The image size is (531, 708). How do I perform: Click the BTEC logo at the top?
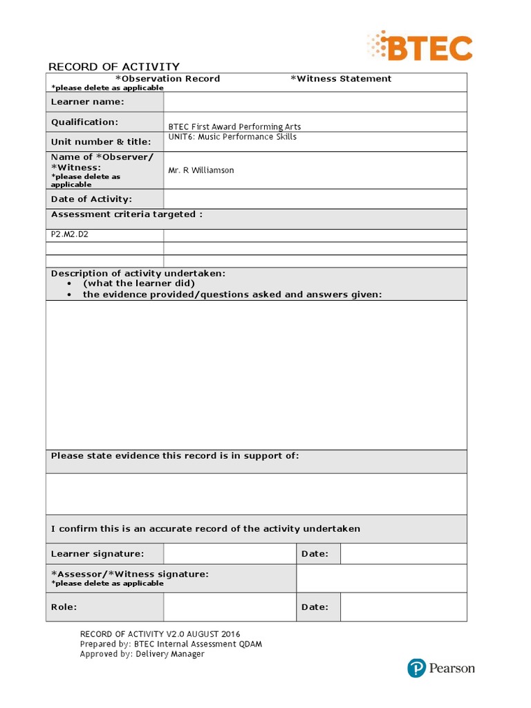(420, 47)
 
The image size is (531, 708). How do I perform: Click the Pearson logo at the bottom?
(441, 668)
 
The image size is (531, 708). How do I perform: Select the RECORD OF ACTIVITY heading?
(113, 66)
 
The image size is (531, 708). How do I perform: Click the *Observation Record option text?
(167, 79)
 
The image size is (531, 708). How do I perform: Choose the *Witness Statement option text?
(341, 79)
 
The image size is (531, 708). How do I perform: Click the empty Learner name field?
(315, 102)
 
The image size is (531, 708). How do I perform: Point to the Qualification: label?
(85, 122)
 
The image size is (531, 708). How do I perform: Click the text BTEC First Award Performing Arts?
(234, 127)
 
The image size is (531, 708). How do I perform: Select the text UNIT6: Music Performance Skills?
(232, 137)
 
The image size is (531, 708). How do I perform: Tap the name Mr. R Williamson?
(201, 170)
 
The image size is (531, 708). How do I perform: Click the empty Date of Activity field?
(315, 199)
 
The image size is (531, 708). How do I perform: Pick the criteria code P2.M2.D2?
(70, 234)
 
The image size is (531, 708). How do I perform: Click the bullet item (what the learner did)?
(138, 283)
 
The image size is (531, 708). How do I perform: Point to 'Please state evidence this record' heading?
(175, 456)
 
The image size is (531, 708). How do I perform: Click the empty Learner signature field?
(230, 554)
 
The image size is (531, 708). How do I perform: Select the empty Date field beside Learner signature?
(403, 554)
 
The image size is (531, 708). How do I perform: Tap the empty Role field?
(230, 607)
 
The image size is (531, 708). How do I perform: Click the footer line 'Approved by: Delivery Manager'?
(142, 654)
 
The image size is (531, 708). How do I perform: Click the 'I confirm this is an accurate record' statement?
(205, 529)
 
